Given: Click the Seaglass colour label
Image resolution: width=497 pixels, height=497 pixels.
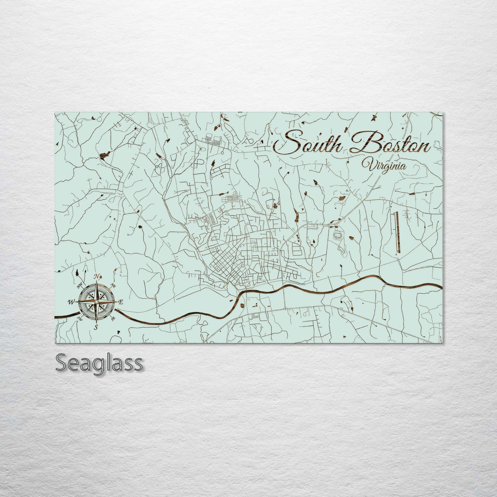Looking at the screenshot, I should point(99,363).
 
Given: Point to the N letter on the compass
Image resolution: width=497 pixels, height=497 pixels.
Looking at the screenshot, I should point(97,276).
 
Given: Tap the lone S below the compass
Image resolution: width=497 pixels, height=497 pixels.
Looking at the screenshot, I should point(96,327).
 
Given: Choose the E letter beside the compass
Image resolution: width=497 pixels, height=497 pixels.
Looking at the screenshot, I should point(121,302).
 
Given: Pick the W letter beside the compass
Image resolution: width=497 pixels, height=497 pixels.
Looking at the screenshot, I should point(71,302).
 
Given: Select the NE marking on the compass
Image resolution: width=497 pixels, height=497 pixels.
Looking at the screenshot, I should point(113,285).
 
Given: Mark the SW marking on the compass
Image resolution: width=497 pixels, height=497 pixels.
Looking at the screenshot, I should point(80,318).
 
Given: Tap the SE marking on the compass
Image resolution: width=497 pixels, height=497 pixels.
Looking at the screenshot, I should point(113,318).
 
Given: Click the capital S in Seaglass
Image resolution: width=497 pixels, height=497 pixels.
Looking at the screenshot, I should point(62,363).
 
